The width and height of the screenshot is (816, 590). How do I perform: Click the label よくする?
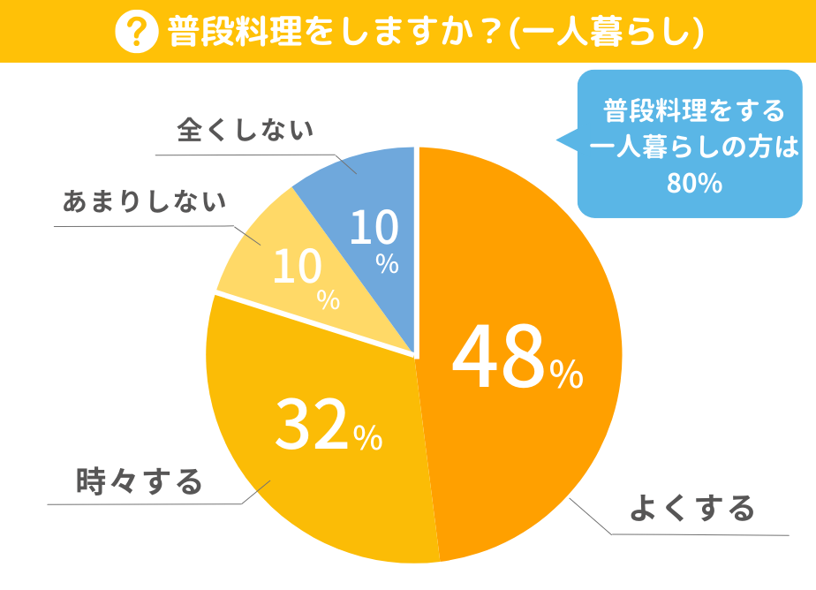(x=691, y=508)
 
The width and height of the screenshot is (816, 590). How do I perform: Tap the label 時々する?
(x=140, y=481)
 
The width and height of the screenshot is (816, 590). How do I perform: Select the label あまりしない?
(x=143, y=201)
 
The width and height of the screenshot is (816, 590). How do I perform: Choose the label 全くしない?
(x=245, y=131)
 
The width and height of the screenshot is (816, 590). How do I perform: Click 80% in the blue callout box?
(x=695, y=184)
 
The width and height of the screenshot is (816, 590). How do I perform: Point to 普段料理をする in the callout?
(x=694, y=111)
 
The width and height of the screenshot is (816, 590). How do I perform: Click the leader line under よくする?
(x=698, y=534)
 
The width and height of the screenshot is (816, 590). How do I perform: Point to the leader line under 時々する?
(x=141, y=504)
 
